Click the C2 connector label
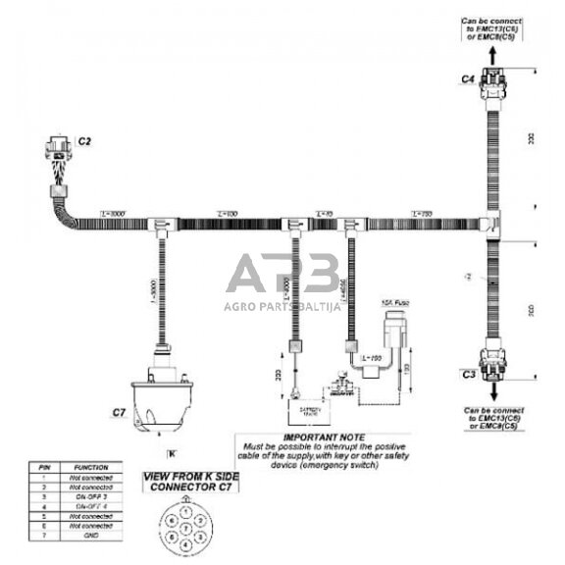click(x=84, y=142)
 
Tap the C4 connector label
click(x=469, y=77)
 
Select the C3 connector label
click(x=469, y=374)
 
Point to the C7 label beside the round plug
click(x=120, y=413)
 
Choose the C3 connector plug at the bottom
click(x=491, y=367)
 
